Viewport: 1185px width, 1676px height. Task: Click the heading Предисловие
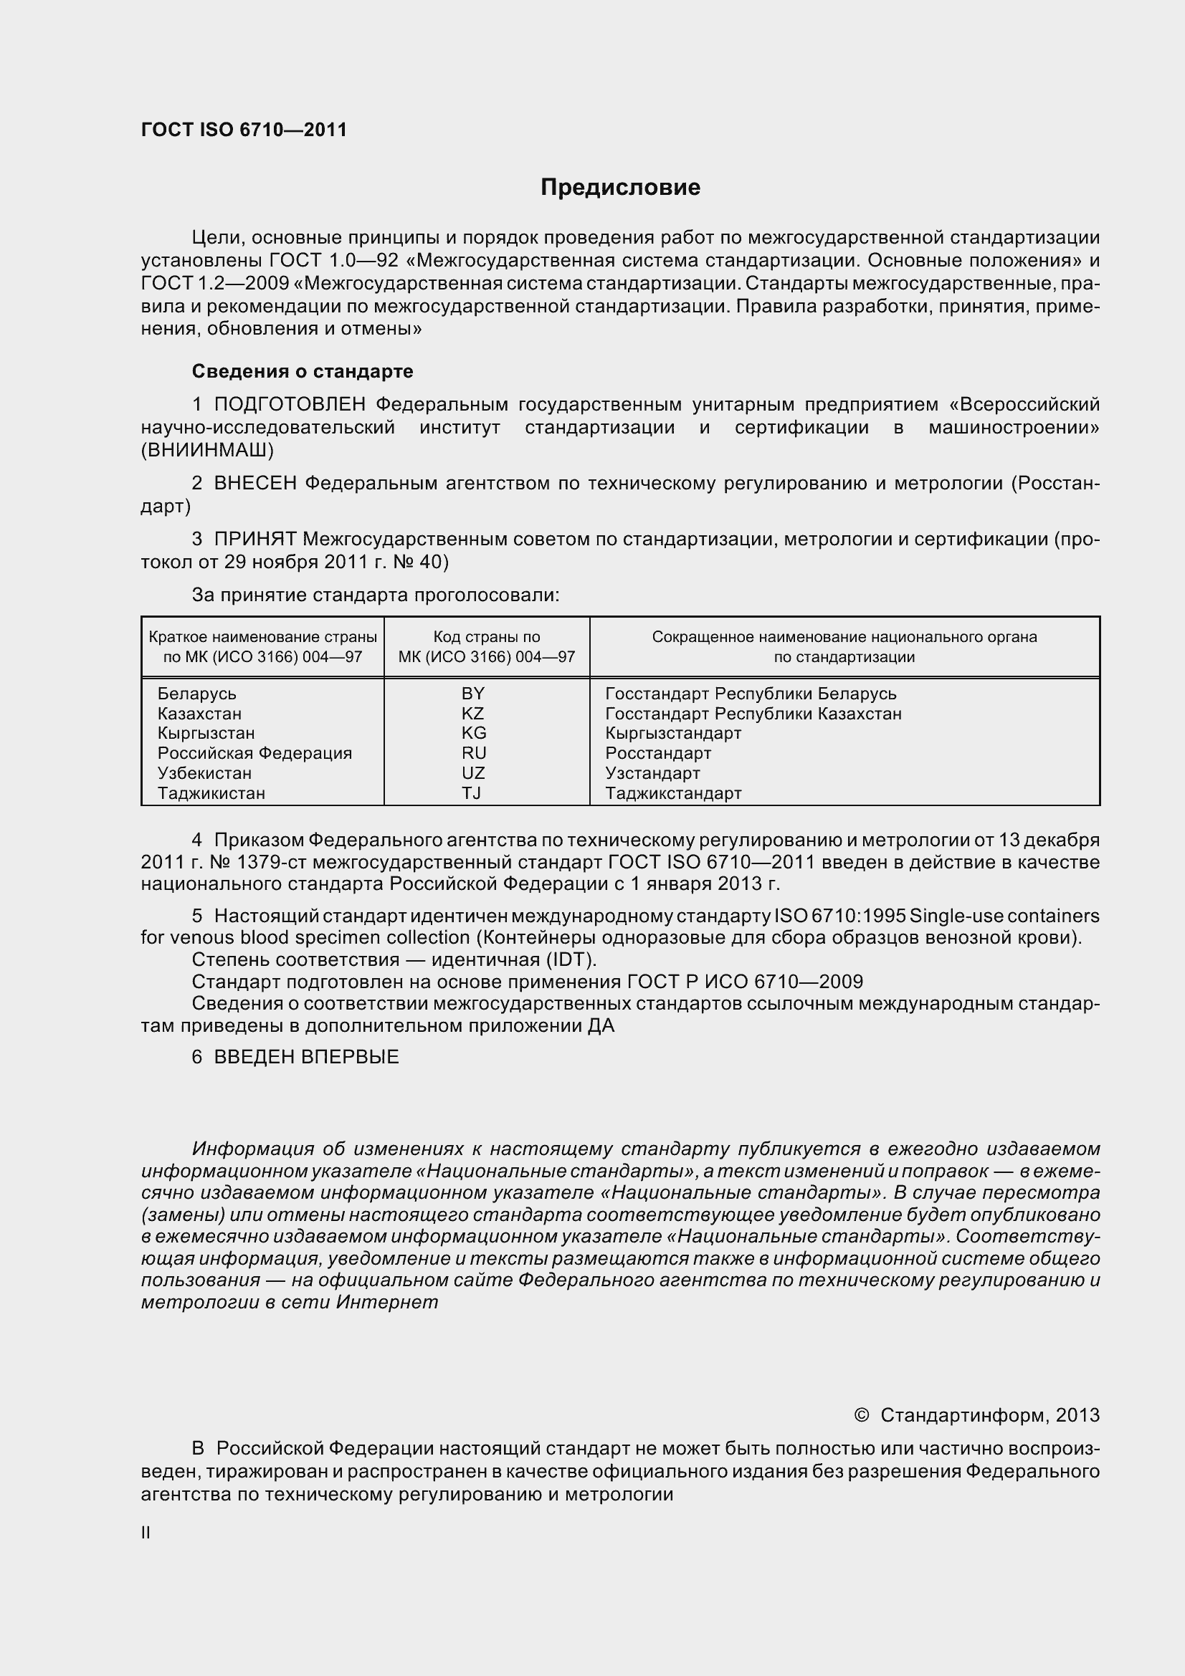click(620, 188)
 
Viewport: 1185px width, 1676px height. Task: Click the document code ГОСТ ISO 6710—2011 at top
click(244, 130)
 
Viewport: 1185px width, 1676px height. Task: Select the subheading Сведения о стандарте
click(303, 371)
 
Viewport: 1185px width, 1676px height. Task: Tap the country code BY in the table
click(473, 694)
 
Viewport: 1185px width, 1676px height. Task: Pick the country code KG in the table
click(474, 733)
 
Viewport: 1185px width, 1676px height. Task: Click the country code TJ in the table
click(472, 792)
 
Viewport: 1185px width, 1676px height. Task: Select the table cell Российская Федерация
click(254, 752)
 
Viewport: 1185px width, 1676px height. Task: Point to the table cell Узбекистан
click(204, 773)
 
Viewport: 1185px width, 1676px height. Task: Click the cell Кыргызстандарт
click(673, 733)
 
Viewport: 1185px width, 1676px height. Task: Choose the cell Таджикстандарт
click(673, 792)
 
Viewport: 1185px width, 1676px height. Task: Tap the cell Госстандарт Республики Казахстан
click(753, 713)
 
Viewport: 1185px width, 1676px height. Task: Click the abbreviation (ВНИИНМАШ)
click(207, 450)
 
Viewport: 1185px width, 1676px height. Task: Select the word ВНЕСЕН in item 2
click(255, 483)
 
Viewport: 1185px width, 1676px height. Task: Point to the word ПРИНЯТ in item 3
click(255, 540)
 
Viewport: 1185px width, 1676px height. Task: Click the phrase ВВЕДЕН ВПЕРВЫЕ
click(307, 1057)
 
